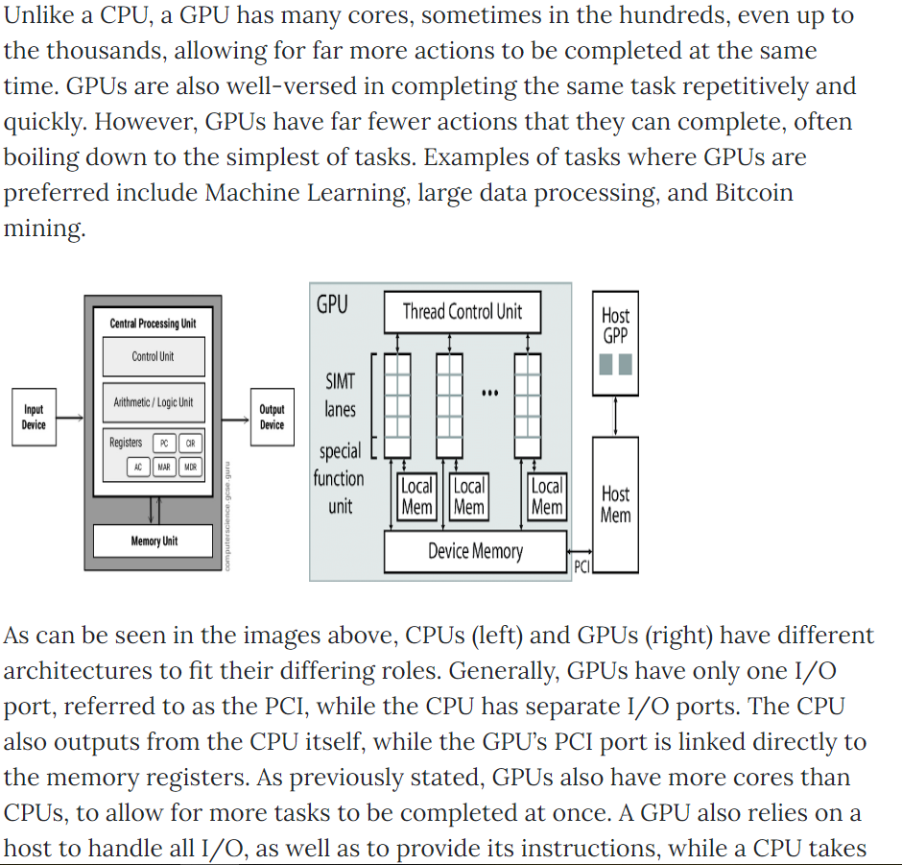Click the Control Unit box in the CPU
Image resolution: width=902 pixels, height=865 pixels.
[154, 357]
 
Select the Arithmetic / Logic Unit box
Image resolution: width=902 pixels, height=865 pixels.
[154, 402]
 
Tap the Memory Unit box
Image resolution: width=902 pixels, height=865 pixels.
[153, 541]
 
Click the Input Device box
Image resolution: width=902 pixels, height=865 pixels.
[34, 418]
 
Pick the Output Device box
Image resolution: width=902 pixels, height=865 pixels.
[273, 418]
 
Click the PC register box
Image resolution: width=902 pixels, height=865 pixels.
[164, 444]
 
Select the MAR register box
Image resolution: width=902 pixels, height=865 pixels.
[164, 467]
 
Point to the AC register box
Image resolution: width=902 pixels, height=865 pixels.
[138, 467]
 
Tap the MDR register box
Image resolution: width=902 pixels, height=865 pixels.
[190, 467]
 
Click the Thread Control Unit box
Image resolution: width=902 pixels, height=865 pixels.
[463, 312]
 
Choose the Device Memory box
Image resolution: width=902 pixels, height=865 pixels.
[475, 551]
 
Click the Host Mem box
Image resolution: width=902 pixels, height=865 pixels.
[615, 505]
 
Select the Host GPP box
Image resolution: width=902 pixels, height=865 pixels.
[615, 343]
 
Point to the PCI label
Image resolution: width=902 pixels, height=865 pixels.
[582, 566]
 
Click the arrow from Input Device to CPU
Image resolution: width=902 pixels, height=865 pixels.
[70, 418]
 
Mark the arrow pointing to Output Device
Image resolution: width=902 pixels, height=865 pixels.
[236, 420]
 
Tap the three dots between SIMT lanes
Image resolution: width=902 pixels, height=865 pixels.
[489, 393]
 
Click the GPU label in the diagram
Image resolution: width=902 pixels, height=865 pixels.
[332, 304]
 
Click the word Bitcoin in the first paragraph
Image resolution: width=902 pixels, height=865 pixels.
[754, 193]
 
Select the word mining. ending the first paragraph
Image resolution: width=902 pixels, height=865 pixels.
[44, 228]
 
